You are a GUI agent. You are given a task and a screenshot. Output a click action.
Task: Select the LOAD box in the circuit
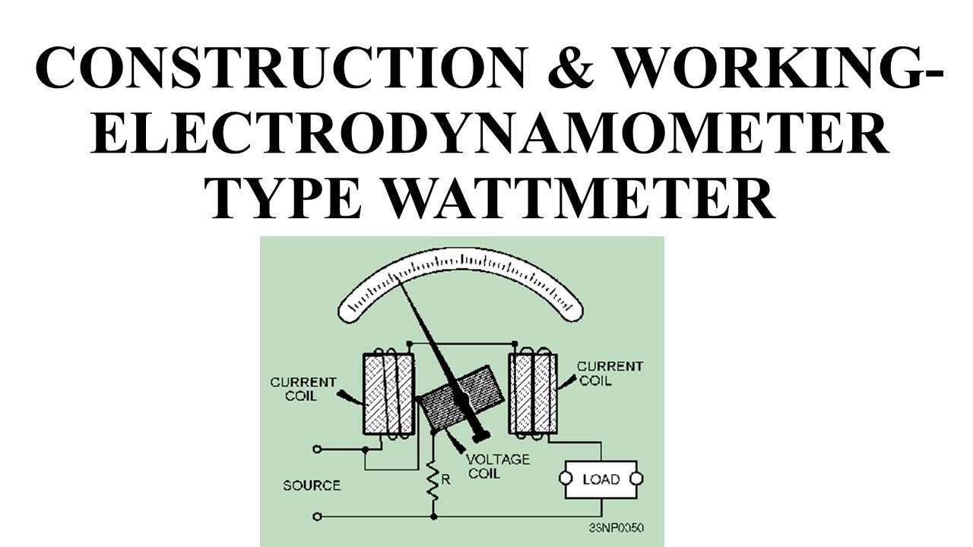pos(601,479)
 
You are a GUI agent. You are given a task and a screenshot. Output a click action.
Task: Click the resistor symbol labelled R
pos(433,479)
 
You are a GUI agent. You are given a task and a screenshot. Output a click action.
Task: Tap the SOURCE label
pos(312,485)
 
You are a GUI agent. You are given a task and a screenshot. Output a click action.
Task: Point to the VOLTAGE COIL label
pos(498,466)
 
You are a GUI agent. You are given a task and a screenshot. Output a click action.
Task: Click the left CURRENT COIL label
pos(303,389)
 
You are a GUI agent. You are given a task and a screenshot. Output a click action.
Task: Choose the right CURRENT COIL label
pos(610,373)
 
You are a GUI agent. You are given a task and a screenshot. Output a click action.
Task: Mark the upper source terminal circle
pos(317,449)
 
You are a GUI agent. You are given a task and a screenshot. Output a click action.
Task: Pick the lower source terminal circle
pos(317,517)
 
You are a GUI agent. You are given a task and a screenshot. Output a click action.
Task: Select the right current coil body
pos(533,394)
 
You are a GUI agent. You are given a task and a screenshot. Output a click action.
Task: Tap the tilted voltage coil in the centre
pos(461,402)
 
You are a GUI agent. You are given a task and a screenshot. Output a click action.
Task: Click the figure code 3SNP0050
pos(616,527)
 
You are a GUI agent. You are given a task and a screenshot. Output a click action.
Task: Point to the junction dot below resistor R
pos(433,517)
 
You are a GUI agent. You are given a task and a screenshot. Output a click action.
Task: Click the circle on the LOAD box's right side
pos(637,479)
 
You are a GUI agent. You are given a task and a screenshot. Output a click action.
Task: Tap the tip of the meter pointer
pos(398,278)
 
